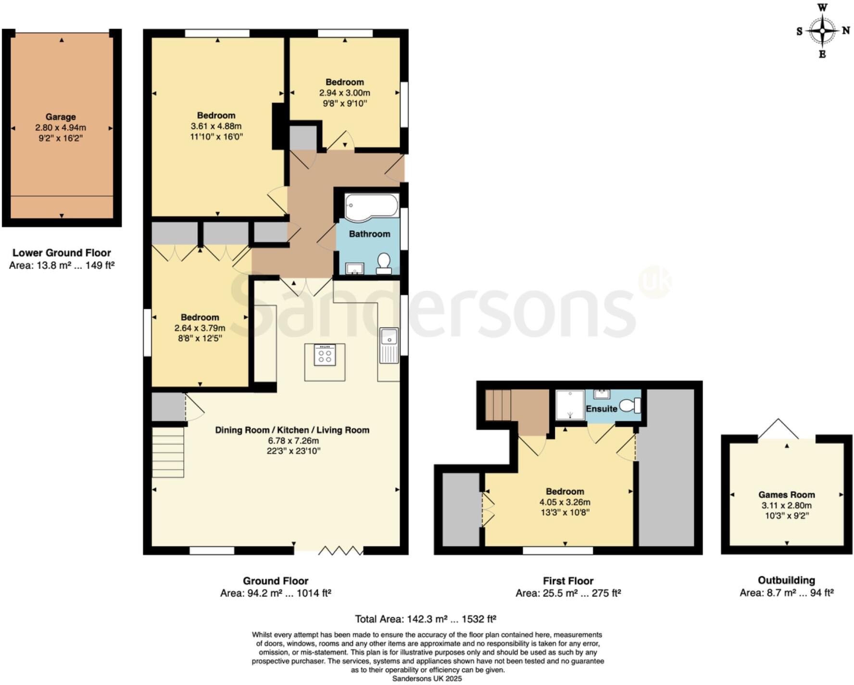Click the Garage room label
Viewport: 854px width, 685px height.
(x=61, y=117)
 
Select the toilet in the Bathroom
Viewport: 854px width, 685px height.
(x=384, y=264)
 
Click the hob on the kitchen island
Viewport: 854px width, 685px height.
(x=325, y=355)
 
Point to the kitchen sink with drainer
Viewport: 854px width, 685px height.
(x=389, y=345)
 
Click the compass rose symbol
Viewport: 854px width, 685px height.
(x=822, y=31)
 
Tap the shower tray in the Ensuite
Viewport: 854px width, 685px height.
(x=570, y=404)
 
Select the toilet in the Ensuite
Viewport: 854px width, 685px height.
(x=630, y=406)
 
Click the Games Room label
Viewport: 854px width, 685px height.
(x=786, y=495)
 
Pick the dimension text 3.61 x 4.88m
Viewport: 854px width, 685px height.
(x=216, y=126)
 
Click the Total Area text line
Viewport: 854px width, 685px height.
(x=425, y=619)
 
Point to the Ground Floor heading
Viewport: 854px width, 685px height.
(x=275, y=581)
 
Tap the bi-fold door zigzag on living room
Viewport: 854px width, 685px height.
(x=340, y=550)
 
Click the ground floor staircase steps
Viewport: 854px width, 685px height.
(x=168, y=453)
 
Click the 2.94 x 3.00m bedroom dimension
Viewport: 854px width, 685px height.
(x=344, y=93)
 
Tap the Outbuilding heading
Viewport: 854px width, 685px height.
(x=786, y=580)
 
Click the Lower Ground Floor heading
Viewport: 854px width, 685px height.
(x=62, y=253)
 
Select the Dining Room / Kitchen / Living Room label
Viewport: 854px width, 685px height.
(x=292, y=430)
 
